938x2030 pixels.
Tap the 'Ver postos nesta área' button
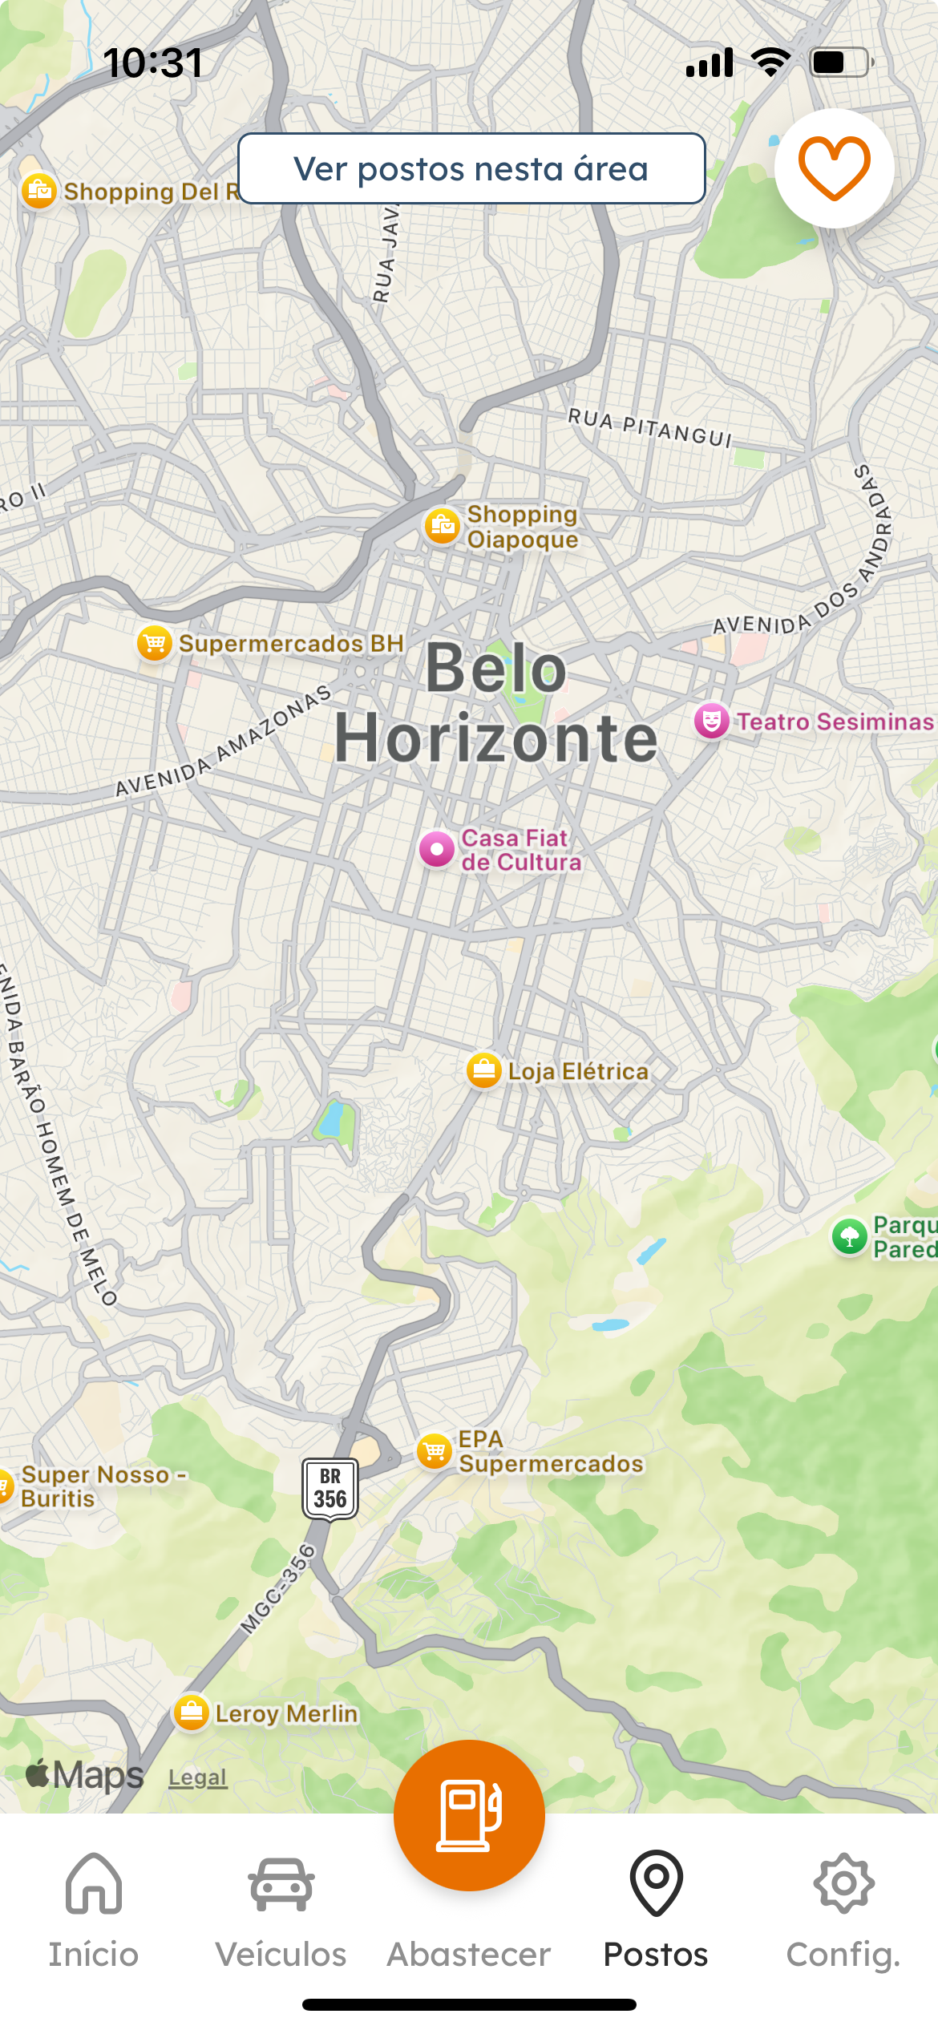pyautogui.click(x=471, y=168)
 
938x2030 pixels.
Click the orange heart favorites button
pyautogui.click(x=834, y=168)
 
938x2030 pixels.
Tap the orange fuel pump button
pyautogui.click(x=469, y=1815)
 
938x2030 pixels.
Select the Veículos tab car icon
pyautogui.click(x=281, y=1884)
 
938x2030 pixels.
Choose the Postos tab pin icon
pyautogui.click(x=656, y=1882)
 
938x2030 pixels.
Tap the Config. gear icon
pyautogui.click(x=843, y=1882)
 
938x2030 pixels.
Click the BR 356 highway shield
pyautogui.click(x=330, y=1488)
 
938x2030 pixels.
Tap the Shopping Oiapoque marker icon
pyautogui.click(x=442, y=526)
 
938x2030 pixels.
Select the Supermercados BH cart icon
pyautogui.click(x=155, y=643)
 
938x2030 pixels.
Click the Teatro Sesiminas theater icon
pyautogui.click(x=711, y=721)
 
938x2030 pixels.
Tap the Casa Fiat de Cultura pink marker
pyautogui.click(x=437, y=848)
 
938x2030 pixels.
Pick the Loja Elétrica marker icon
pyautogui.click(x=484, y=1070)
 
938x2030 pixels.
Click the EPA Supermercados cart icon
pyautogui.click(x=435, y=1451)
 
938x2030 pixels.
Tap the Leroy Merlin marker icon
pyautogui.click(x=192, y=1713)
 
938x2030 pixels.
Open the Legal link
pyautogui.click(x=197, y=1777)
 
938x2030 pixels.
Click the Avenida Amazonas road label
pyautogui.click(x=224, y=742)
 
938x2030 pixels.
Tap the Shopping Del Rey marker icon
pyautogui.click(x=38, y=191)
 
